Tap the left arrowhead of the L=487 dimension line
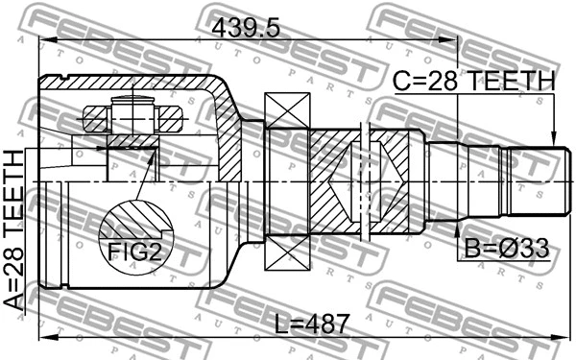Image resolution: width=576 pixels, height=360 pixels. [x=43, y=336]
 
